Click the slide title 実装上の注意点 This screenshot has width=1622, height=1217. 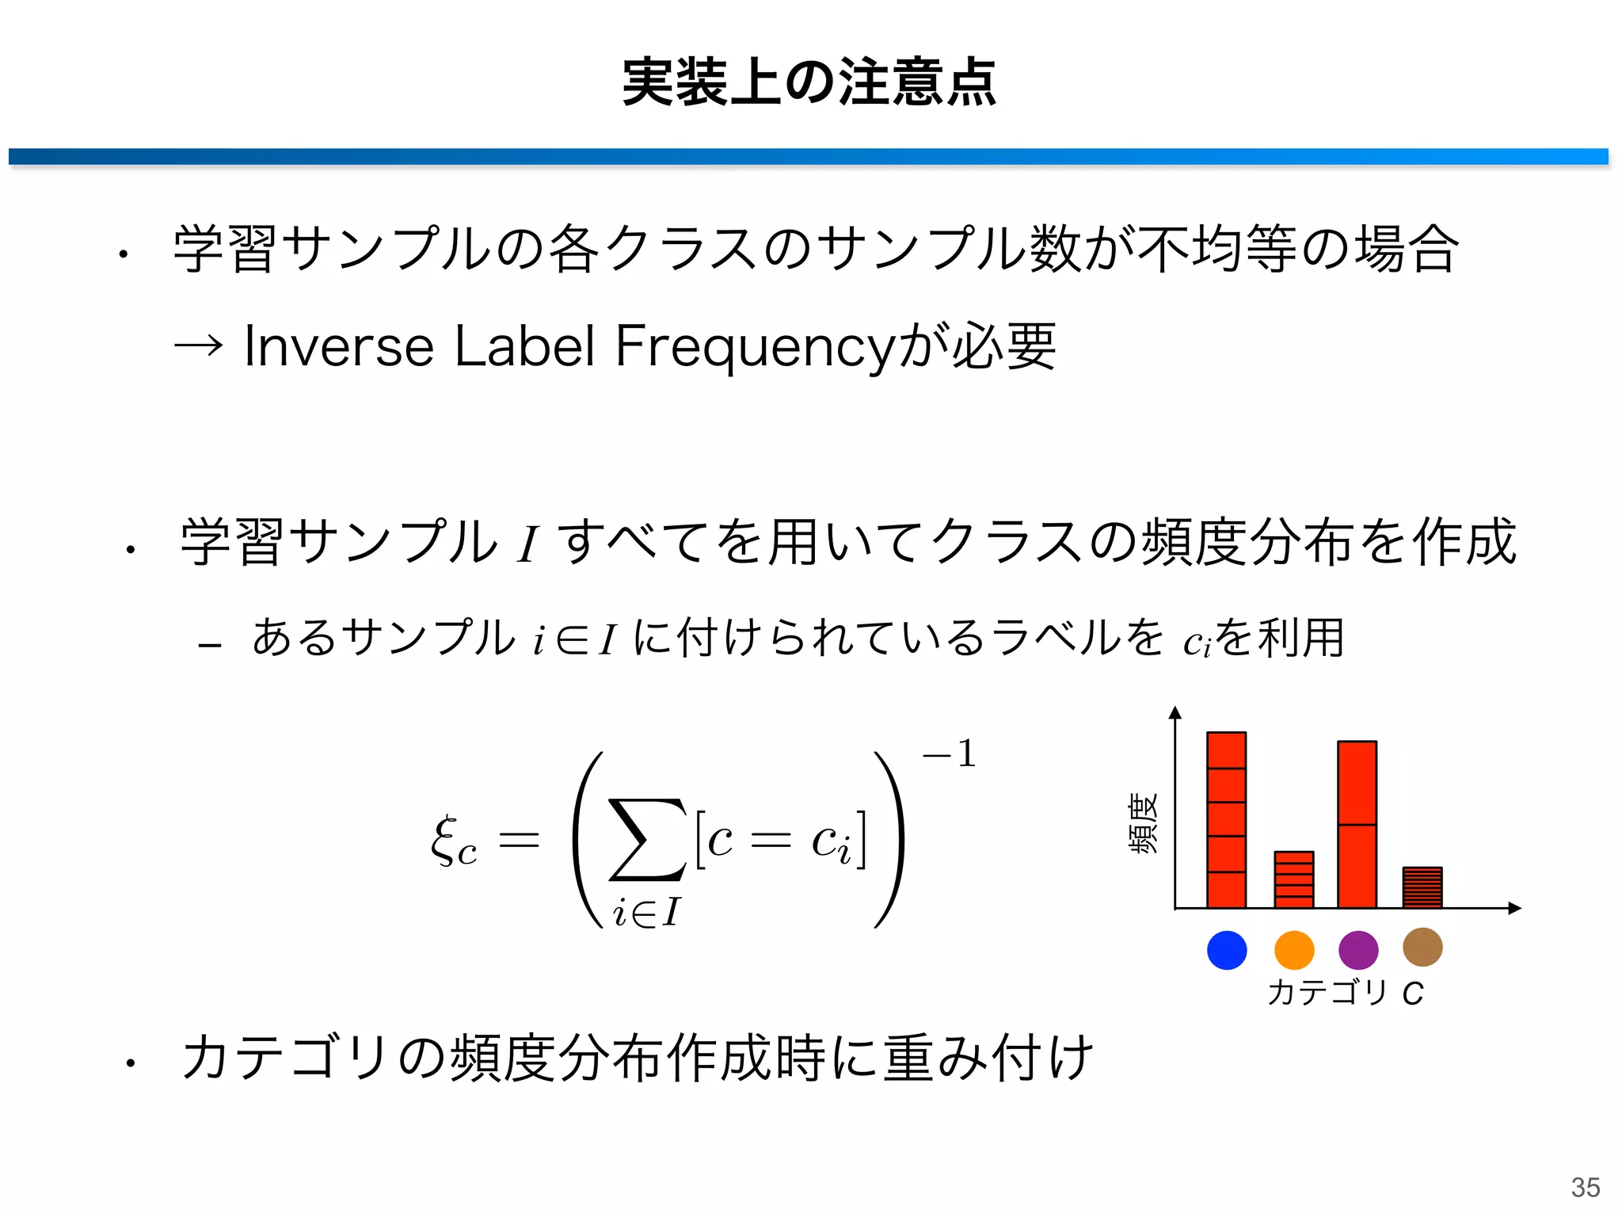809,82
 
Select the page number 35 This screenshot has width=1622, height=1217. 1586,1187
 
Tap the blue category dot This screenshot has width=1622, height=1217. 1227,950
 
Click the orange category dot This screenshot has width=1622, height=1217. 1294,950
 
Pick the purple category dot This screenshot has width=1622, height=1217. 1358,950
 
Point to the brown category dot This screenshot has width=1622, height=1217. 1422,947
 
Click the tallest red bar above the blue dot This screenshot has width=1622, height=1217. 1226,820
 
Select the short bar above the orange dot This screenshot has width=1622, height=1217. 1294,879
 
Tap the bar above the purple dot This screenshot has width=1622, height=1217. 1357,824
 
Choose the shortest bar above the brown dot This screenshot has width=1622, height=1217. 1422,887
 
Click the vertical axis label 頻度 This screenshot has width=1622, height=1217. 1143,823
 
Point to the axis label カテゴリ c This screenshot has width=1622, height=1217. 1346,992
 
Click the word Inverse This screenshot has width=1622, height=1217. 339,346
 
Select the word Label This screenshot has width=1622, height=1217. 524,346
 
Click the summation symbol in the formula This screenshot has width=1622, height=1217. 646,840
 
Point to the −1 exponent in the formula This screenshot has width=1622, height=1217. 950,753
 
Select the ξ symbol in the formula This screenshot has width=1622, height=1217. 445,840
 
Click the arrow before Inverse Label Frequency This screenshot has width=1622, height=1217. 198,346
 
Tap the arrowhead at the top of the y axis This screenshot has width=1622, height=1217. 1175,712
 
